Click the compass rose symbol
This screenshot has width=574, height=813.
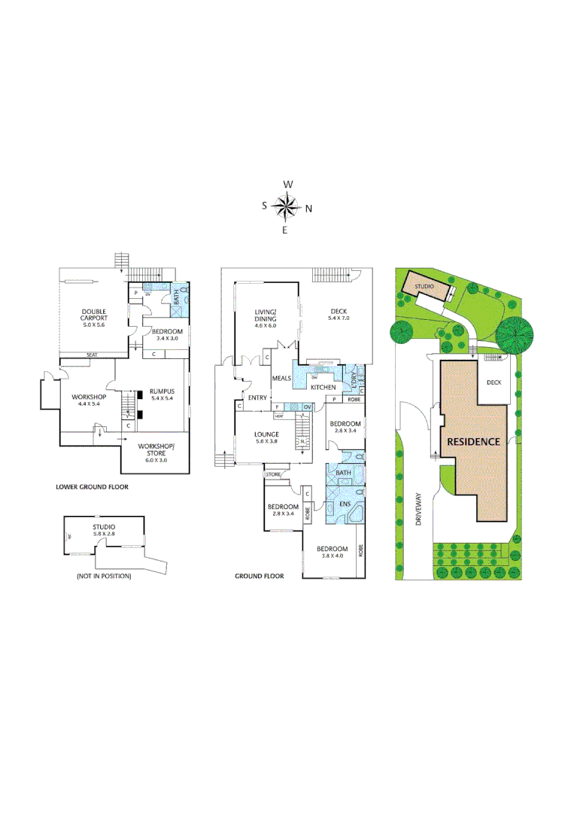(x=287, y=206)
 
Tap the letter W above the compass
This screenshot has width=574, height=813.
(x=287, y=184)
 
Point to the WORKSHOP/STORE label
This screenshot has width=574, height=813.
(x=156, y=449)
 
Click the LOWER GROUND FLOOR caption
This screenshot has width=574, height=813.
(x=92, y=487)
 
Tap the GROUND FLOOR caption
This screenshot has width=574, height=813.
(x=260, y=576)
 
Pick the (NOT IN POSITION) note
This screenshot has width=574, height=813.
(x=103, y=576)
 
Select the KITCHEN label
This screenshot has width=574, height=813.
(x=323, y=387)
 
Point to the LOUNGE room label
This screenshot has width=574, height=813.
(x=266, y=434)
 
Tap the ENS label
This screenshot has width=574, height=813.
(x=345, y=504)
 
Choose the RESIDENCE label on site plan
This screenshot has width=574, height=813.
(x=472, y=442)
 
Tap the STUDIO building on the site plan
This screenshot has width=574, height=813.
(x=427, y=286)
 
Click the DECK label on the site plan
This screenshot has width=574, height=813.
(x=494, y=382)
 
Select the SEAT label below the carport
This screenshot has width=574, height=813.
(x=93, y=355)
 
